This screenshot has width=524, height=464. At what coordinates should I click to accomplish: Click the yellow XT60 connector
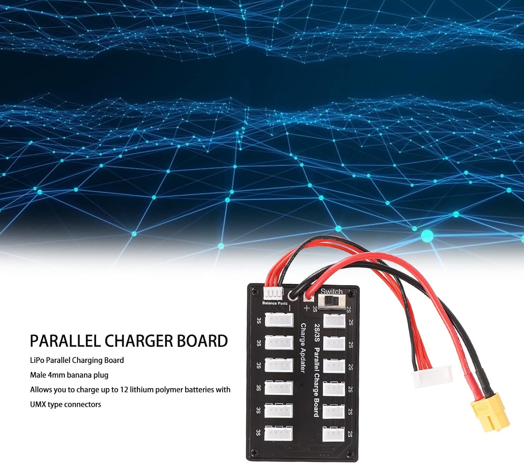pyautogui.click(x=489, y=413)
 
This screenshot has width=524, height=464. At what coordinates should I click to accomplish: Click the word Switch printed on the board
pyautogui.click(x=332, y=291)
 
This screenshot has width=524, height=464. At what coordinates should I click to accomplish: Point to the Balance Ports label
pyautogui.click(x=275, y=303)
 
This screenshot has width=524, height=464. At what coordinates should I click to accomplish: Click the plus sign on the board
pyautogui.click(x=306, y=308)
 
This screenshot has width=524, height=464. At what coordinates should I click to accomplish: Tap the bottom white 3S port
pyautogui.click(x=278, y=434)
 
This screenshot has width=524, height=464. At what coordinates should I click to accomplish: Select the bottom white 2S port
pyautogui.click(x=333, y=434)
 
